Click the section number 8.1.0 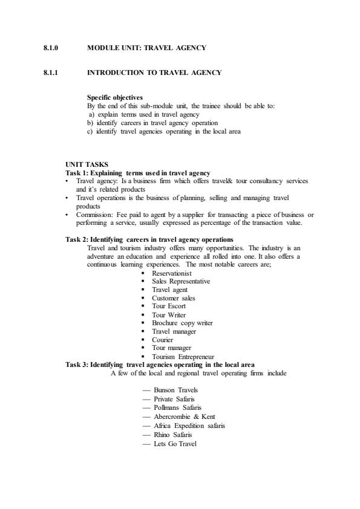point(50,47)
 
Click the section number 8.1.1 point(50,73)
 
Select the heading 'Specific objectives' point(115,97)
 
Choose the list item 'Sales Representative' point(181,281)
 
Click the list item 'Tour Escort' point(169,306)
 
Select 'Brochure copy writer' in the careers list point(182,323)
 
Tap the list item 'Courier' point(163,340)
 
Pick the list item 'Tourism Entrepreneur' point(184,357)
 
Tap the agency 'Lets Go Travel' point(175,443)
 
